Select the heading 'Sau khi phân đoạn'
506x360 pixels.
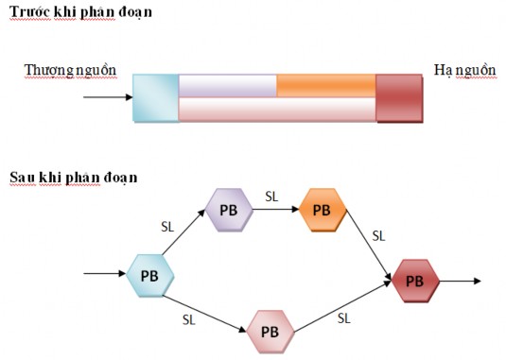click(73, 177)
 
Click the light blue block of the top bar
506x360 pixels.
click(155, 97)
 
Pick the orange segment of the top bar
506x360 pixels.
click(326, 85)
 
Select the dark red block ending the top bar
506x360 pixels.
click(399, 97)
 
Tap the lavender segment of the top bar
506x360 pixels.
click(227, 85)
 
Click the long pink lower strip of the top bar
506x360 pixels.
click(277, 110)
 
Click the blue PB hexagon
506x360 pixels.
click(149, 276)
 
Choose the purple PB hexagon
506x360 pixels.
click(229, 209)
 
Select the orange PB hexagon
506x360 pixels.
click(321, 209)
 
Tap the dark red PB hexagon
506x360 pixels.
click(414, 281)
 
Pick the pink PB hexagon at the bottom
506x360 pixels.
click(269, 332)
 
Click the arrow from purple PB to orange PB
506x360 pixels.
click(274, 209)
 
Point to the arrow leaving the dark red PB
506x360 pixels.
click(463, 281)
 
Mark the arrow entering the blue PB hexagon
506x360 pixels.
click(104, 275)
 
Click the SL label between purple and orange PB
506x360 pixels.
click(271, 197)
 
